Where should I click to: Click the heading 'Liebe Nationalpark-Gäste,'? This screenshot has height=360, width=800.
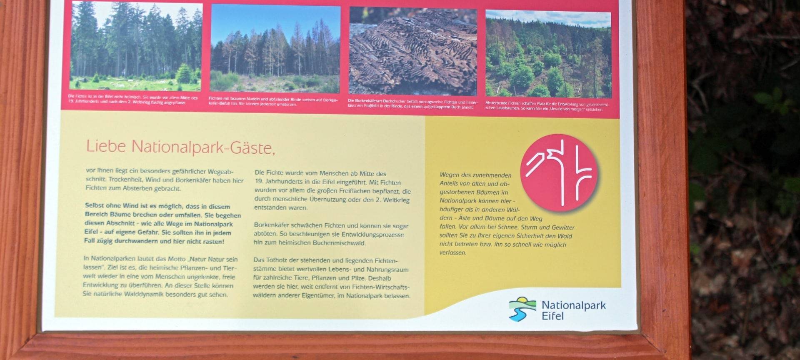(x=180, y=147)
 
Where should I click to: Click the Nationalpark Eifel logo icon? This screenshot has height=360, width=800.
(x=522, y=309)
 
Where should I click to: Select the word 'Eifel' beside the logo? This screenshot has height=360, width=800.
(x=552, y=316)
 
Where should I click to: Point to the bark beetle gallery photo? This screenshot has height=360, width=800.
(x=413, y=51)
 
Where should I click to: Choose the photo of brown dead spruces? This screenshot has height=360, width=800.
(x=275, y=49)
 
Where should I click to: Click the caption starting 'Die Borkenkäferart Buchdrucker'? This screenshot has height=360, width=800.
(x=413, y=105)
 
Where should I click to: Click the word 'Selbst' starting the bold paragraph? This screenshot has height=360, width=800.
(x=94, y=206)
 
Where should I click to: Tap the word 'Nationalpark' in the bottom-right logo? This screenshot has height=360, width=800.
(x=573, y=305)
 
